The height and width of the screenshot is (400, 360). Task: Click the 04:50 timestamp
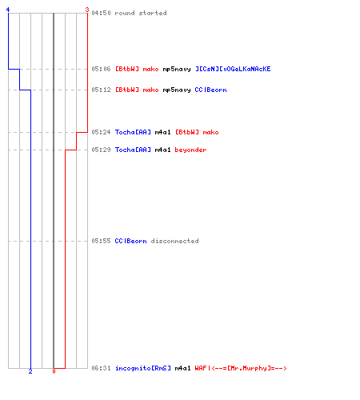[x=101, y=13]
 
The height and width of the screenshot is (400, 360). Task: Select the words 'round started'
[x=141, y=13]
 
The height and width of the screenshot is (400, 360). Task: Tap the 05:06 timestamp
[x=101, y=69]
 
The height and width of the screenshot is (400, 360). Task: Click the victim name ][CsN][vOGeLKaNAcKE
[x=233, y=69]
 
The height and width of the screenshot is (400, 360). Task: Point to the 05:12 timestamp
[x=101, y=90]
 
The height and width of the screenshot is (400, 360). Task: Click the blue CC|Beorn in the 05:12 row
[x=210, y=90]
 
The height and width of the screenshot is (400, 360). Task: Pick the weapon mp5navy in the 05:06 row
[x=177, y=70]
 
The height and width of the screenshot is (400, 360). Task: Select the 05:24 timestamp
[x=101, y=132]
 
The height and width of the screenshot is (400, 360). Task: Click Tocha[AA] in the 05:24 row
[x=133, y=132]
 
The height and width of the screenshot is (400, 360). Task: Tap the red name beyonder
[x=190, y=150]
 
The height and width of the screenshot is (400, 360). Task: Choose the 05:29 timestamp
[x=101, y=150]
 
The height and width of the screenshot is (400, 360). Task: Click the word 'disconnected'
[x=175, y=241]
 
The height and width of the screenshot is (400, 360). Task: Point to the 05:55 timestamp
[x=101, y=241]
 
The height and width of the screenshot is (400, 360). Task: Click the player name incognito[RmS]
[x=143, y=368]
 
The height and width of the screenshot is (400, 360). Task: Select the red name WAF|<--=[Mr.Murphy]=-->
[x=241, y=368]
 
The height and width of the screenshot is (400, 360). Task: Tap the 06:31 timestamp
[x=101, y=368]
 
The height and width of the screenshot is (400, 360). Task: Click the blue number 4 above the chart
[x=8, y=10]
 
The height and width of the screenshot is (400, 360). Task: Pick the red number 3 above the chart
[x=87, y=10]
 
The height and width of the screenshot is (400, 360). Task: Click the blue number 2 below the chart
[x=30, y=371]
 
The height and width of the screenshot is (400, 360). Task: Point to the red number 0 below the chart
[x=54, y=371]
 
